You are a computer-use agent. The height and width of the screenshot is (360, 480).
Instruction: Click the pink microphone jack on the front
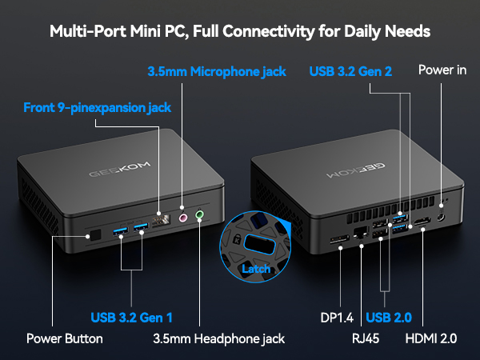183,218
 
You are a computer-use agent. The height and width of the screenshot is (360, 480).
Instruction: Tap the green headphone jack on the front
199,214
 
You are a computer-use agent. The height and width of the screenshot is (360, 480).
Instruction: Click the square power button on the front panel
96,234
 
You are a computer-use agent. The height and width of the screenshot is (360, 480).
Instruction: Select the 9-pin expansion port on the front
161,220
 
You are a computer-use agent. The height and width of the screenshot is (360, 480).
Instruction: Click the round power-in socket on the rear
441,218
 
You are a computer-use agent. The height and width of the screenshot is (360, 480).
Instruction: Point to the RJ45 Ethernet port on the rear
361,233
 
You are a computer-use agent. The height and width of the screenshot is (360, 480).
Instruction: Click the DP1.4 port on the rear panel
339,239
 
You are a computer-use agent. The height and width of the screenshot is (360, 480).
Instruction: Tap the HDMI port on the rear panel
422,222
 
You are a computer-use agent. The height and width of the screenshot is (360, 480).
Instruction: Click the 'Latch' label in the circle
256,269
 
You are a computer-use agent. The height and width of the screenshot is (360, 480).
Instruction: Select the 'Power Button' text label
65,338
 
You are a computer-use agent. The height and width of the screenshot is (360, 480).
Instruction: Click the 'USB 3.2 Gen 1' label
132,318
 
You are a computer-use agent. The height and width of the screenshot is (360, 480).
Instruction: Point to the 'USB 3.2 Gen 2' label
350,71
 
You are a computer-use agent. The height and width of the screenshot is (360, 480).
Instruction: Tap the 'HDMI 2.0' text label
431,338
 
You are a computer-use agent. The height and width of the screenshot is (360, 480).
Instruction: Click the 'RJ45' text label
366,338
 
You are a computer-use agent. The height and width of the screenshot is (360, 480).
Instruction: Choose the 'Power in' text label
442,70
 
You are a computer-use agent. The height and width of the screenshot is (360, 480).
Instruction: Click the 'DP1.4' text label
337,318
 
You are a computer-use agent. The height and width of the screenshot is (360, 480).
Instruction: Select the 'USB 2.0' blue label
389,318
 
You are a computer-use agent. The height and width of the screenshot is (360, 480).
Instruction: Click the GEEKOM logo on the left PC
120,170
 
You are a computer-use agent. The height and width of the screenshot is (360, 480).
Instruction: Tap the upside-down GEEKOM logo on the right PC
356,170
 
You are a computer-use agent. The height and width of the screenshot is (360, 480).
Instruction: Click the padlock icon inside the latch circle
237,238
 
